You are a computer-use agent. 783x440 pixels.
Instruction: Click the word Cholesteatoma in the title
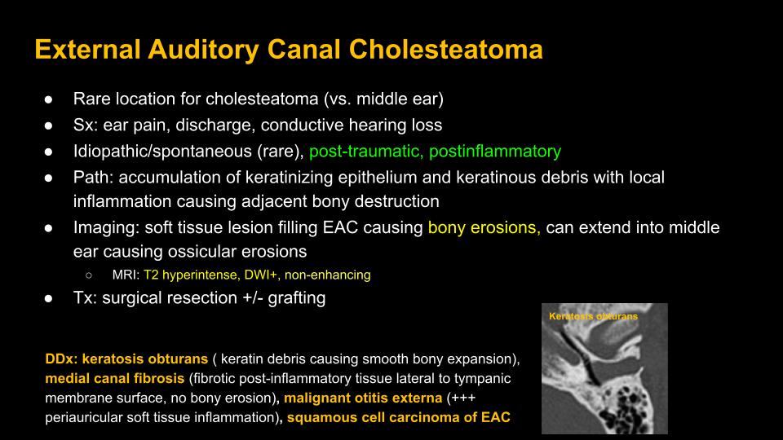(445, 50)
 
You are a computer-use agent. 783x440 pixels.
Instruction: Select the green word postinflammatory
(495, 152)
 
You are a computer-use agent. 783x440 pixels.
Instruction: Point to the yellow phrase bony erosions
(484, 227)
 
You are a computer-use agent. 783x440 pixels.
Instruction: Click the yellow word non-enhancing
(328, 275)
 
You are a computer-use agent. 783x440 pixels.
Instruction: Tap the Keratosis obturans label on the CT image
(593, 316)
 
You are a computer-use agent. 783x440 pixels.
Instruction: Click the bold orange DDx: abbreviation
(61, 359)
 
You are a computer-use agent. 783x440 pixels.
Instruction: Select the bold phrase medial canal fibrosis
(115, 378)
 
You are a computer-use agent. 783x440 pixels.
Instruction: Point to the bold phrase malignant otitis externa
(363, 398)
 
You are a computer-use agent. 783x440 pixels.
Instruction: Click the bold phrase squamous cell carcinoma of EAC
(399, 417)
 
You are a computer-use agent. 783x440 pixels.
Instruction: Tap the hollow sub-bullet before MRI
(89, 275)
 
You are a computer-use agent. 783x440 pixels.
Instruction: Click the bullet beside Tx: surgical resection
(48, 298)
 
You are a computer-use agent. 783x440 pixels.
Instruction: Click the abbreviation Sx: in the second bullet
(86, 125)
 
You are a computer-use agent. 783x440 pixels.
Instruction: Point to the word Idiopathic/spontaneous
(162, 152)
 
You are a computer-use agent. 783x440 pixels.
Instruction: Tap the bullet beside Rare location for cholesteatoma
(48, 99)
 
